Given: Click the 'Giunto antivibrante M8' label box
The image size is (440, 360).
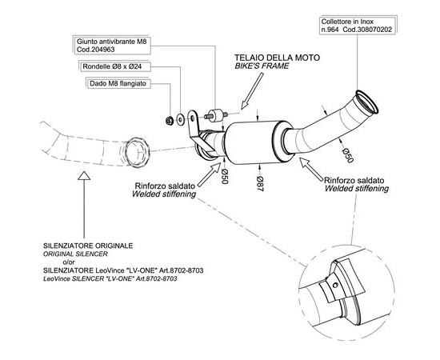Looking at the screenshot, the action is (x=112, y=45).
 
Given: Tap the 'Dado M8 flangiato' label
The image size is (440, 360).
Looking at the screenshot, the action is (x=118, y=83).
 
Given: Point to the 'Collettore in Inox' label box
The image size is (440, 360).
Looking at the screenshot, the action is (x=358, y=26).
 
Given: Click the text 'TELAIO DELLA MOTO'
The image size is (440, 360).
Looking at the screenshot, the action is (x=278, y=58).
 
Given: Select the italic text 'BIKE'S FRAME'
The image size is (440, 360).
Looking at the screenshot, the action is (x=262, y=66).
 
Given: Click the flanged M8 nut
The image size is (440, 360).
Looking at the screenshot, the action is (x=170, y=121).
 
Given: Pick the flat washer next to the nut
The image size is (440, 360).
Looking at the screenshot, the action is (x=180, y=119).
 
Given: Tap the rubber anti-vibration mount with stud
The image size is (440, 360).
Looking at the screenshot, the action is (x=215, y=114).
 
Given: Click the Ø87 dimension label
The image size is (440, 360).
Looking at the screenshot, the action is (x=260, y=184).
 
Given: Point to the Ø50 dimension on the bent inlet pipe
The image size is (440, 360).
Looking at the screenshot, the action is (x=347, y=155).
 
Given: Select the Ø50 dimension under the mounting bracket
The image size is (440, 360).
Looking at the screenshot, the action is (x=224, y=177).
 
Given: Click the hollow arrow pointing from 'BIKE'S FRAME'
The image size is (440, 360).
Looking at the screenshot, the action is (x=252, y=90).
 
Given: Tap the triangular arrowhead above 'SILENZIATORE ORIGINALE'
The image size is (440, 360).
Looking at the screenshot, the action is (x=84, y=176).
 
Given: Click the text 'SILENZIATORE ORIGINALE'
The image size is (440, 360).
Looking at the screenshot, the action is (x=88, y=246).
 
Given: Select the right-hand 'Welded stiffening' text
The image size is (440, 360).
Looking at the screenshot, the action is (x=357, y=188).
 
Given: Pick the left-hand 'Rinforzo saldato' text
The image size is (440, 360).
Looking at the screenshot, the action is (x=165, y=186).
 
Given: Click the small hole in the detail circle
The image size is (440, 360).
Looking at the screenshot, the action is (x=334, y=285).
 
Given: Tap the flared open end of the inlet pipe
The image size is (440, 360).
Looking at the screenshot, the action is (x=367, y=102).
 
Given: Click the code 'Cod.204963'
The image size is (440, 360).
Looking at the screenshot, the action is (x=96, y=50).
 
